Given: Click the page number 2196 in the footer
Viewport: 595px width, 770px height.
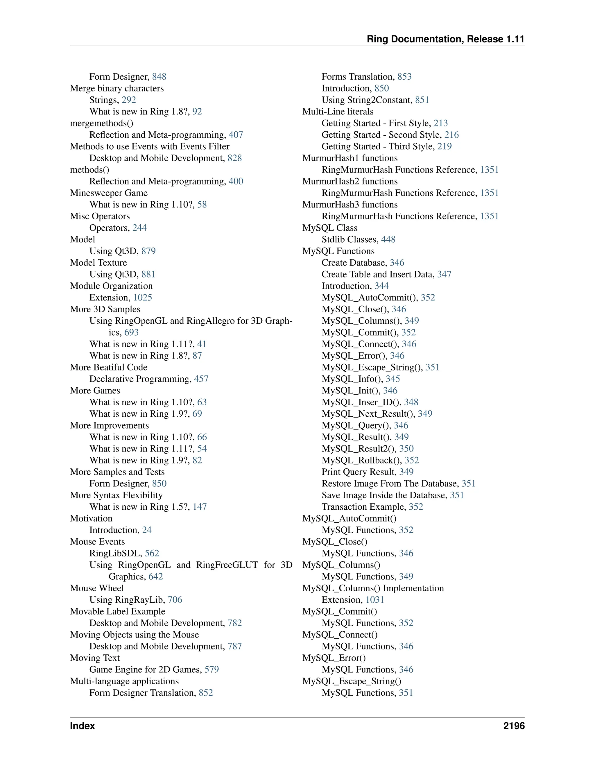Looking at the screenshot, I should [514, 726].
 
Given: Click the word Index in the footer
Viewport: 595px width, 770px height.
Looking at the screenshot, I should [82, 726].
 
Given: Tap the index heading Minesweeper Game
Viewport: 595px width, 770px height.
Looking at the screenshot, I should [109, 193].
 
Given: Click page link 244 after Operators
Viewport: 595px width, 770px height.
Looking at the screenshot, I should [139, 228].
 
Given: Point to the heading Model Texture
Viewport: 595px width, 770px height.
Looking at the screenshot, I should [98, 263].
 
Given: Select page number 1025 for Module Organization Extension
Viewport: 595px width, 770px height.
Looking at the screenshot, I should [142, 298].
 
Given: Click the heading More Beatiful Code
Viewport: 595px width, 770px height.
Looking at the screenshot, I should [109, 367].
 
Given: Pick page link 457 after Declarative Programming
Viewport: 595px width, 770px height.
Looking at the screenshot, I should [201, 379].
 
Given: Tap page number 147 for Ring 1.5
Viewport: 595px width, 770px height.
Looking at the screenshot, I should [200, 507].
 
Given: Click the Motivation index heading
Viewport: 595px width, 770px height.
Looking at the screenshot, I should [91, 519].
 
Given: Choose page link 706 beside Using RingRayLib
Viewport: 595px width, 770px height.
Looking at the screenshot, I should [175, 600].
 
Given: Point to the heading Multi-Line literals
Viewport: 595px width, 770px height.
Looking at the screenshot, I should [338, 112].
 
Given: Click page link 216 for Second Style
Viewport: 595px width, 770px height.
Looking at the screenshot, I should [451, 135].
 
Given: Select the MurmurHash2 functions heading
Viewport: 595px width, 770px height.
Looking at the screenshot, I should [350, 181].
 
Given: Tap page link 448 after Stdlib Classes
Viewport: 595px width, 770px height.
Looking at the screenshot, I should [388, 239].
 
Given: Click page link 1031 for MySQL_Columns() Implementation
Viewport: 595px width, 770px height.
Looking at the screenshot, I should [375, 600].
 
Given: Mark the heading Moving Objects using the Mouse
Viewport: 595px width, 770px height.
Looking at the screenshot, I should [134, 635].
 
